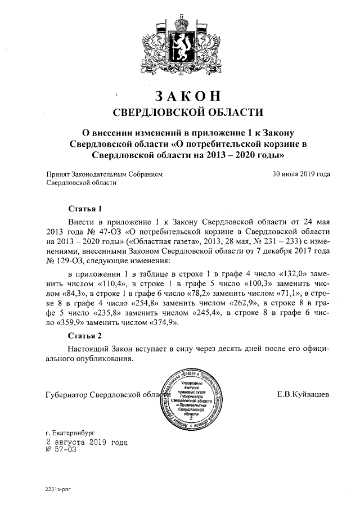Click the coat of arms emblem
[x=181, y=44]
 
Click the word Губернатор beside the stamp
[x=66, y=395]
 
